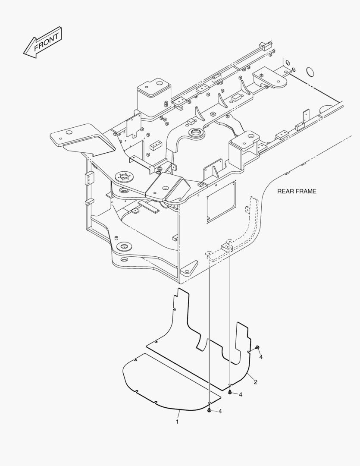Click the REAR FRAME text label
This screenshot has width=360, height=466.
pyautogui.click(x=296, y=191)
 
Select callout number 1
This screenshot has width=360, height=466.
pyautogui.click(x=177, y=422)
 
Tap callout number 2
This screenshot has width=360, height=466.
pyautogui.click(x=256, y=382)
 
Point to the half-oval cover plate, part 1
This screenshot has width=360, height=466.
pyautogui.click(x=168, y=382)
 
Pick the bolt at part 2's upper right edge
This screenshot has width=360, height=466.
pyautogui.click(x=257, y=347)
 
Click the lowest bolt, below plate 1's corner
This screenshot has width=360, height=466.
pyautogui.click(x=209, y=410)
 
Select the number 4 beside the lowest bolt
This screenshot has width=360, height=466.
pyautogui.click(x=220, y=411)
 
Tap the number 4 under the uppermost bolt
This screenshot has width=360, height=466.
pyautogui.click(x=260, y=357)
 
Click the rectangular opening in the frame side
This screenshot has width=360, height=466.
pyautogui.click(x=221, y=202)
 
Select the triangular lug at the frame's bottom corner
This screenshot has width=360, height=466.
pyautogui.click(x=189, y=270)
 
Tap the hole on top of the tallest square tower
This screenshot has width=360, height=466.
pyautogui.click(x=159, y=82)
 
